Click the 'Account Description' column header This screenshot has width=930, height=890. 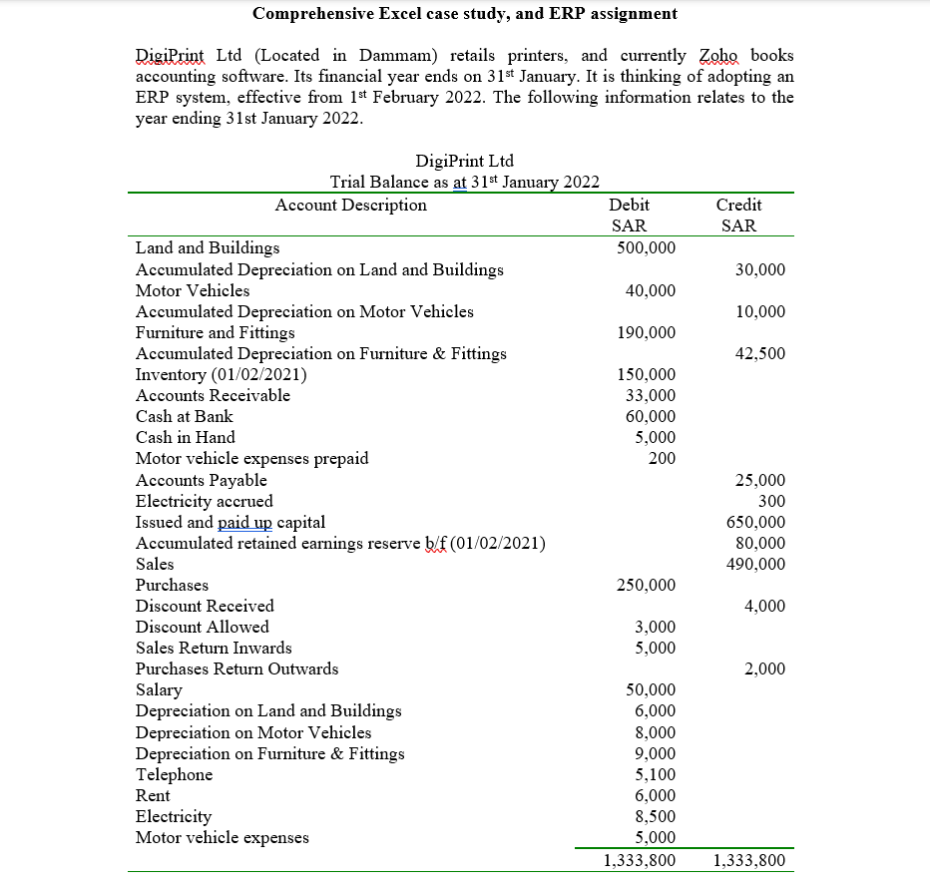[x=350, y=206]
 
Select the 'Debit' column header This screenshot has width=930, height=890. [x=629, y=206]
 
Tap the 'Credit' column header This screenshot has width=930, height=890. [x=738, y=206]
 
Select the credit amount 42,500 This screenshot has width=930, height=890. [x=759, y=353]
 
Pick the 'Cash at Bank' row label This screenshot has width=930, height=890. [x=185, y=416]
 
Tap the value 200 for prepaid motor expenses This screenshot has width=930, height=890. [x=661, y=458]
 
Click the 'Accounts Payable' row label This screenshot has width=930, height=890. [x=202, y=480]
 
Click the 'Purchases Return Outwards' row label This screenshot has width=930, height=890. [x=236, y=668]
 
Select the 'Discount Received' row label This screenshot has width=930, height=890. [x=205, y=606]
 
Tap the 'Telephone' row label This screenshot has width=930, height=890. [x=174, y=774]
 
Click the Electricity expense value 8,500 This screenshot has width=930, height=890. [x=656, y=816]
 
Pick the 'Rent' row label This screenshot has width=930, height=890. [x=153, y=795]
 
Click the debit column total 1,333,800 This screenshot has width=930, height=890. [x=641, y=860]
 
